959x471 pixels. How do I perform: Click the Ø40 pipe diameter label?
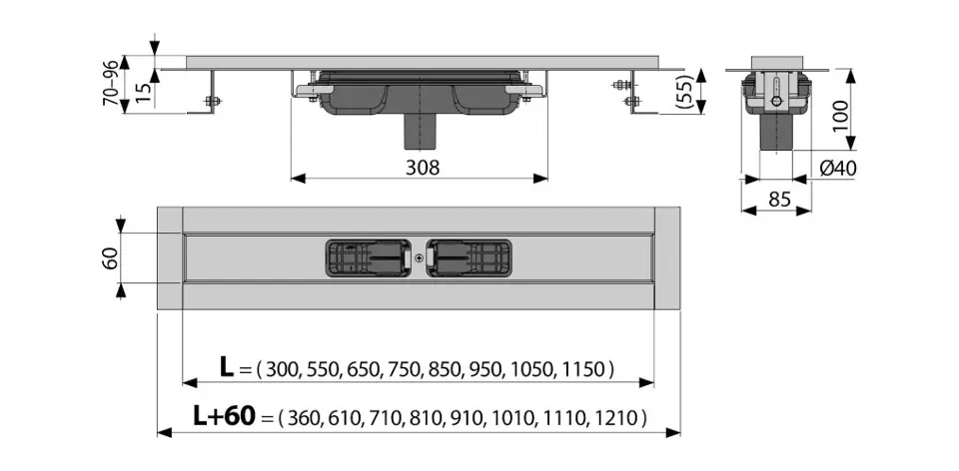click(838, 168)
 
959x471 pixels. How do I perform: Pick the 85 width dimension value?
click(780, 200)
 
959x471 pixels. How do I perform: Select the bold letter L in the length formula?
click(227, 369)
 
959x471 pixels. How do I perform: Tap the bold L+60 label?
click(225, 416)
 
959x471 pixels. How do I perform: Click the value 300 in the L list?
click(282, 370)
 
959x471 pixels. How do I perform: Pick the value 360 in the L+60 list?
click(305, 417)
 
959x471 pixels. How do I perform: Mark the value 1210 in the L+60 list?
click(617, 417)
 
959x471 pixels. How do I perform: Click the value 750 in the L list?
click(406, 370)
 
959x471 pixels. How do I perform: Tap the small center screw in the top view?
click(419, 257)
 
